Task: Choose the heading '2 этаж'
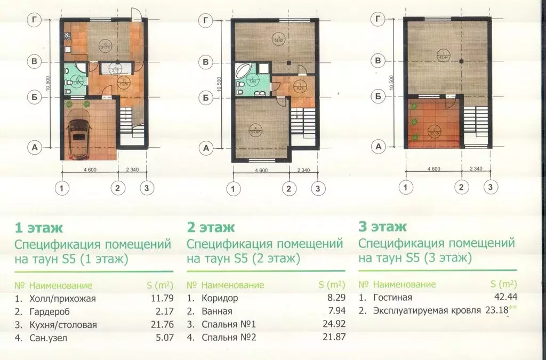[x=211, y=228]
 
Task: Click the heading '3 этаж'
[x=382, y=227]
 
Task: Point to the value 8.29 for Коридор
[x=335, y=299]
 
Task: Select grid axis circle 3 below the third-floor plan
[x=490, y=187]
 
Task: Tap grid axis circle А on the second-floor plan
[x=205, y=147]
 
